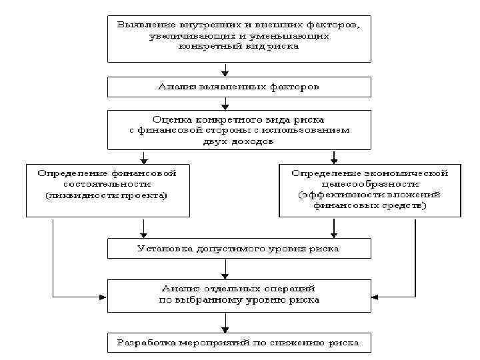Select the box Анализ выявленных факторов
[x=239, y=87]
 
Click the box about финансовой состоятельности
[x=107, y=189]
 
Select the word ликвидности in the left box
[x=79, y=195]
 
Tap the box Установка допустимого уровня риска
[x=239, y=249]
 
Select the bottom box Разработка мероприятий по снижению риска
[x=239, y=343]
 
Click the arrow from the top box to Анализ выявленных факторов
[x=226, y=69]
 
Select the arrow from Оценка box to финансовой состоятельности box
[x=143, y=157]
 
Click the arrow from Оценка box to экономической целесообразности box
[x=334, y=157]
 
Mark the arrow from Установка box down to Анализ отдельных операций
[x=226, y=269]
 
